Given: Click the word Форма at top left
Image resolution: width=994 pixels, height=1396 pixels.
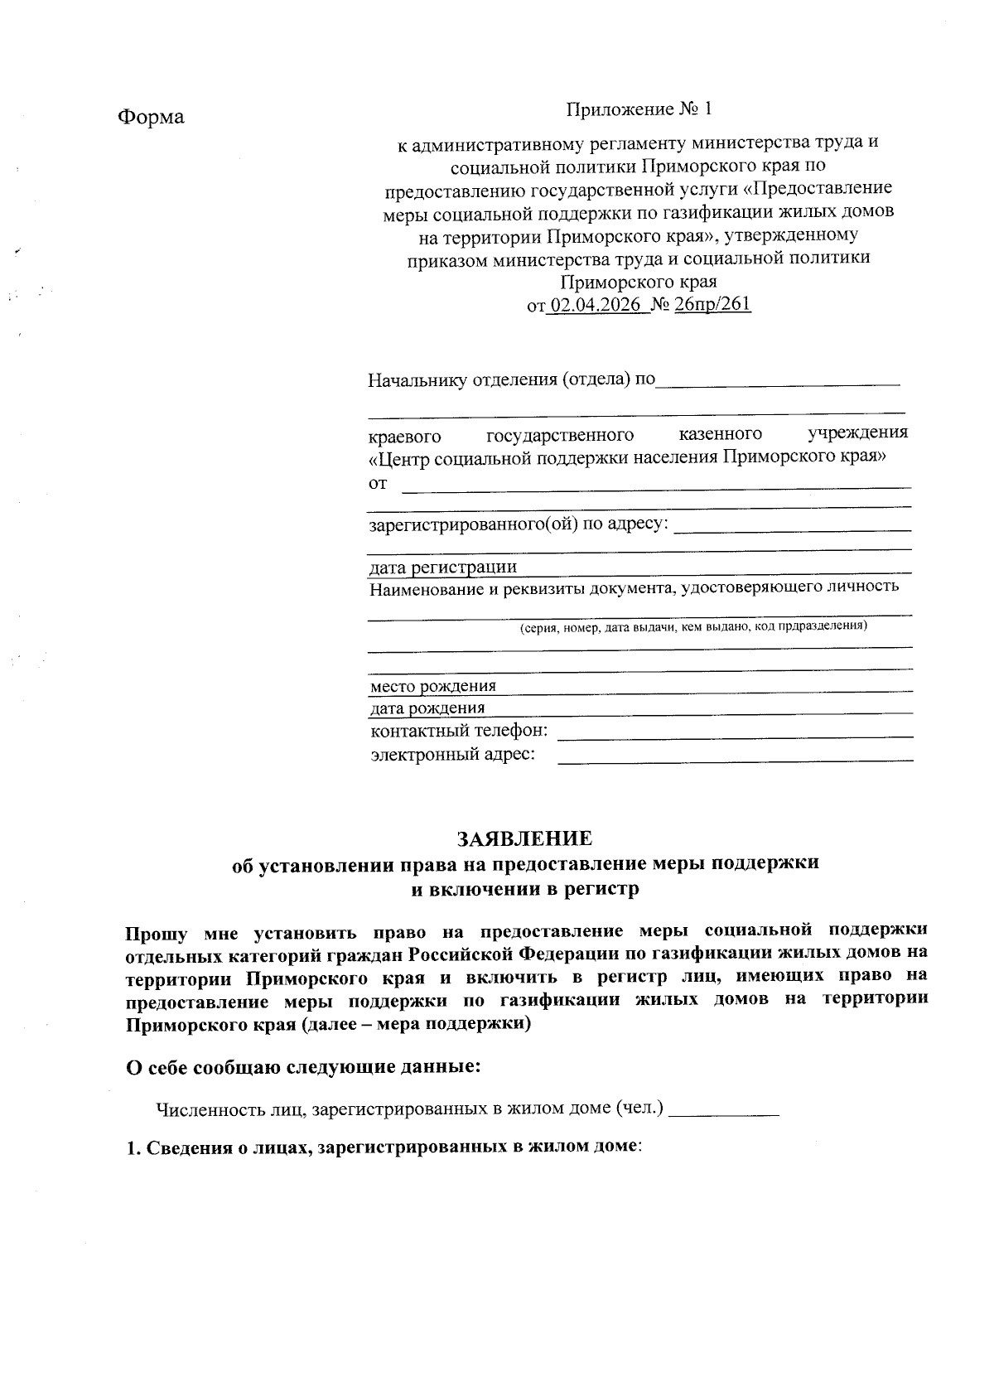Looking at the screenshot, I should click(151, 117).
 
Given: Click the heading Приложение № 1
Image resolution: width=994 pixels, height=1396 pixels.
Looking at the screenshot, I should click(639, 109).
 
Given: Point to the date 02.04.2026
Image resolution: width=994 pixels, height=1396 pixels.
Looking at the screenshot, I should click(596, 305).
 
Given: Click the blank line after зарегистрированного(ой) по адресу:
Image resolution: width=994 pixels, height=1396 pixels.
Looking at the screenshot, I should click(793, 528).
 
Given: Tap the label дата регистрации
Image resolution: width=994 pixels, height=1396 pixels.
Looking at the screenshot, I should click(443, 568).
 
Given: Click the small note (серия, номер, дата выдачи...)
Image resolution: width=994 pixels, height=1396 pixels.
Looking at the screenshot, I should click(693, 626).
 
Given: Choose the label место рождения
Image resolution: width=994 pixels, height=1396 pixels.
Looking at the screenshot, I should click(433, 686).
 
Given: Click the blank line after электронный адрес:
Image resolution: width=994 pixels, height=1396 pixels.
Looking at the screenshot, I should click(736, 758).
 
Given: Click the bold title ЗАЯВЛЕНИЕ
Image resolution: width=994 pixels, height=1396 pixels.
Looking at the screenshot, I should click(525, 838).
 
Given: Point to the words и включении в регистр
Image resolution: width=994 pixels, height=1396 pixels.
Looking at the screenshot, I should click(526, 890).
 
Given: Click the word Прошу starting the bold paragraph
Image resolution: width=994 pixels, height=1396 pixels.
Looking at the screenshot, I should click(157, 933).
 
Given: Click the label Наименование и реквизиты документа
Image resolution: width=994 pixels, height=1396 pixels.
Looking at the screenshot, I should click(634, 588).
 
